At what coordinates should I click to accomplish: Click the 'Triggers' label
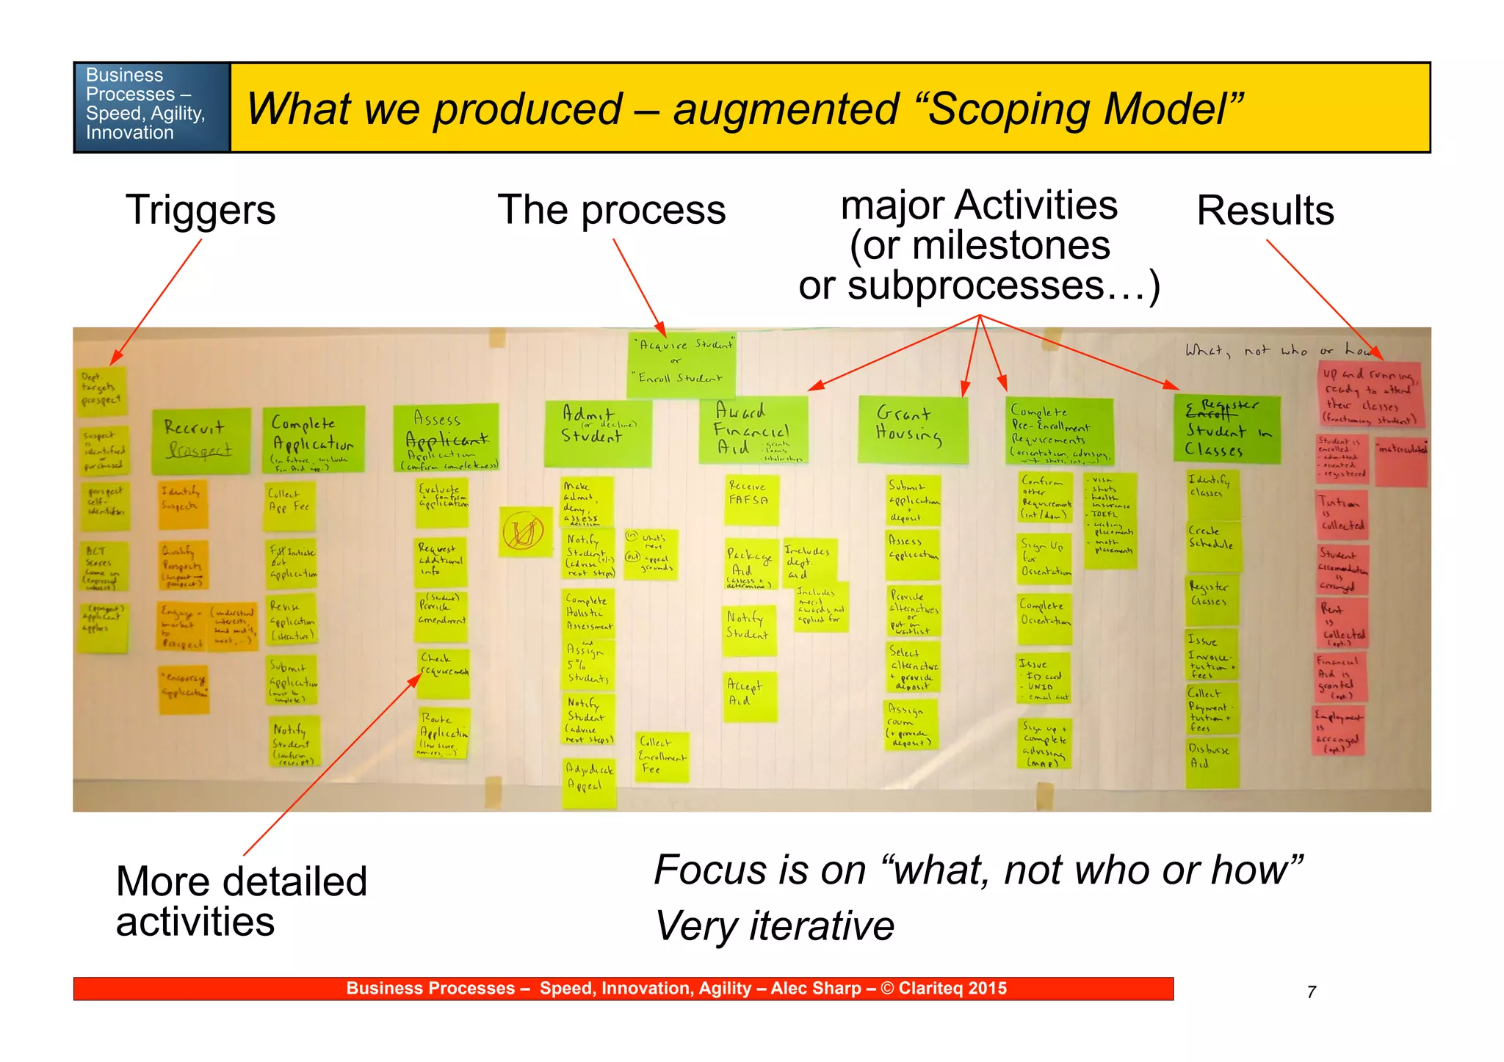click(x=200, y=211)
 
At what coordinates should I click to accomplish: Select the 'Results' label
click(x=1265, y=211)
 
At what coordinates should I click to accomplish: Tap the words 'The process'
click(x=611, y=210)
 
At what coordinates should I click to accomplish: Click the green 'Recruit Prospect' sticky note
click(x=200, y=440)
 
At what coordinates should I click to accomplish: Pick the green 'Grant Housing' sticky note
click(x=912, y=429)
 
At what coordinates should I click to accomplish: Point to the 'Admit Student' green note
click(x=597, y=432)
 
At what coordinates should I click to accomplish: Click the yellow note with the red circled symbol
click(x=524, y=531)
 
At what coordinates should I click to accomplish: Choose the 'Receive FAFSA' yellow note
click(x=751, y=499)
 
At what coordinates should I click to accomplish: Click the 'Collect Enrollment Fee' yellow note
click(x=662, y=756)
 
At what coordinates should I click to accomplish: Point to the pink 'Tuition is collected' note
click(x=1341, y=514)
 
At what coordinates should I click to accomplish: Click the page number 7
click(x=1311, y=992)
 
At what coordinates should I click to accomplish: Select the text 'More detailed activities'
click(x=241, y=901)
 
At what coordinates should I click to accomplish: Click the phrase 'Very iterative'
click(x=774, y=925)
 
